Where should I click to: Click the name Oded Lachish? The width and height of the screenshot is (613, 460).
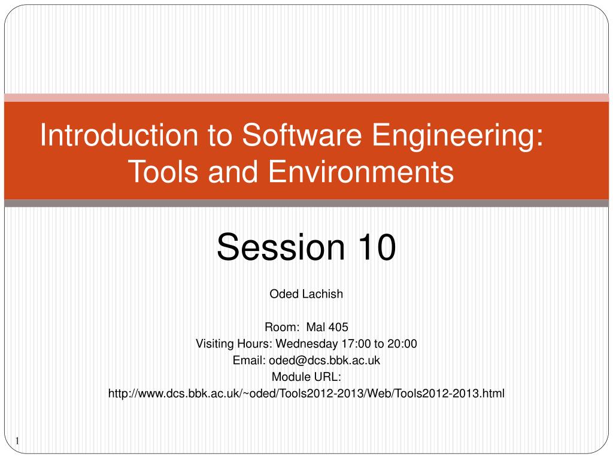coord(306,293)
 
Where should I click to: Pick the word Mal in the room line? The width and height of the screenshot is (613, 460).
coord(315,327)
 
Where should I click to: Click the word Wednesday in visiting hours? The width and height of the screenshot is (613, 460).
coord(304,344)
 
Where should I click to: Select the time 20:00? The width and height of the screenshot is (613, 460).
coord(402,344)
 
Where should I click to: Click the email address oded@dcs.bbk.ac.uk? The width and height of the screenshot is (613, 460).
coord(324,361)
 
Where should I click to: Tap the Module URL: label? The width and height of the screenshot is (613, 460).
coord(306,377)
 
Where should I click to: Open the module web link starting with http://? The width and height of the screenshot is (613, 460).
coord(306,394)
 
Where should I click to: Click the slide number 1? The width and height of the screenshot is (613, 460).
coord(17,442)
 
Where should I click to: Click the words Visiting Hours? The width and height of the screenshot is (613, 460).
coord(234,344)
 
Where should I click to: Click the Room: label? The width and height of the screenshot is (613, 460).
coord(282,327)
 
